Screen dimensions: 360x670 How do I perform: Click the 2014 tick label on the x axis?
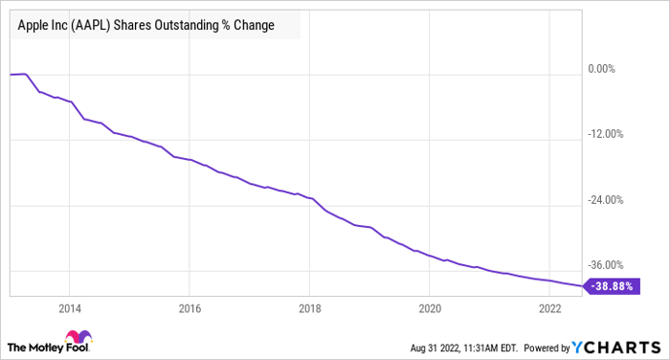point(69,308)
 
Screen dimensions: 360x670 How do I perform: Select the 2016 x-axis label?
point(190,308)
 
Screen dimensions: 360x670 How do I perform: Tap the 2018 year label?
point(309,308)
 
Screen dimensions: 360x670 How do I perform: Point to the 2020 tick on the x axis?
point(430,308)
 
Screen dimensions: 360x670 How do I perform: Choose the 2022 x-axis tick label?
point(549,308)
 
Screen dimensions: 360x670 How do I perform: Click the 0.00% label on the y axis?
point(605,69)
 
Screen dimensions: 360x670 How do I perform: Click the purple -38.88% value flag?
point(611,286)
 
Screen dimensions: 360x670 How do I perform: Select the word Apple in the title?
point(33,26)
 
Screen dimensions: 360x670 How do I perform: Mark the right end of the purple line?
point(580,285)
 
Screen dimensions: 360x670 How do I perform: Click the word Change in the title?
point(253,26)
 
